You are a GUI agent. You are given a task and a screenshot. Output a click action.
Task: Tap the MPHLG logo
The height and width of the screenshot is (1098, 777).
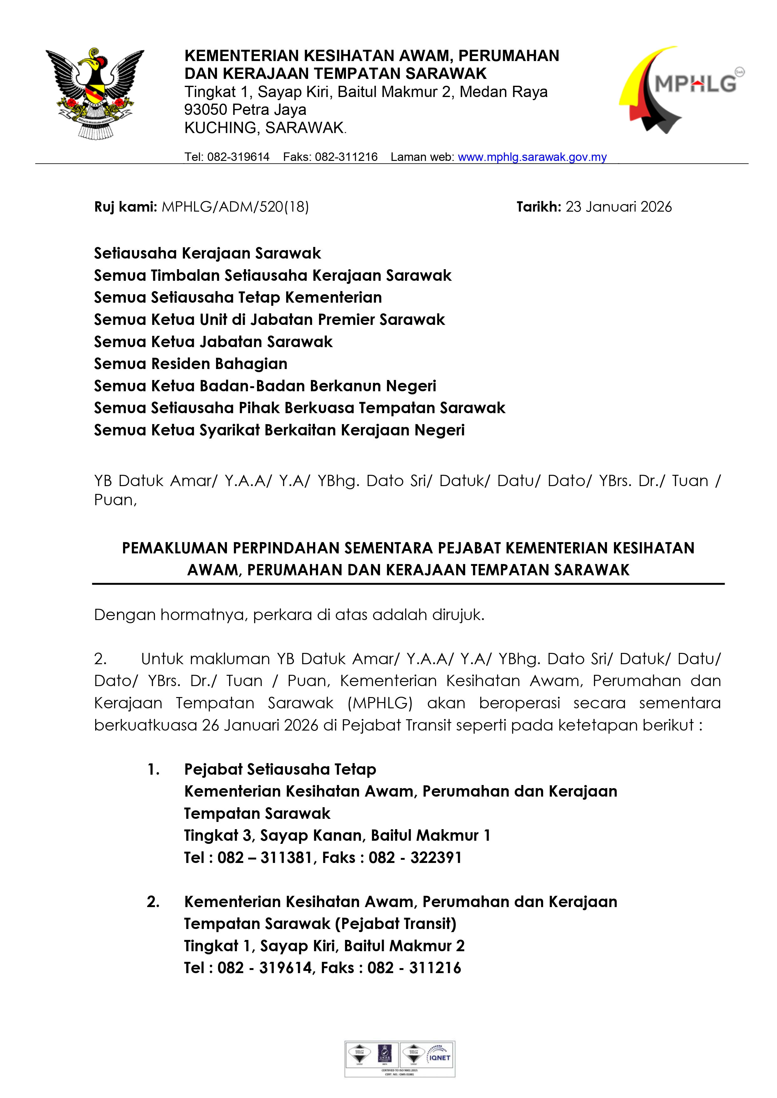point(681,90)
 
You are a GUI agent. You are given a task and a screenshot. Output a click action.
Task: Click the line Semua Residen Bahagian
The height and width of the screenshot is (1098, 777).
point(190,364)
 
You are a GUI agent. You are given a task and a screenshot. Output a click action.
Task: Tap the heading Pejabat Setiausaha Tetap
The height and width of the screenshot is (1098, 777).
point(280,769)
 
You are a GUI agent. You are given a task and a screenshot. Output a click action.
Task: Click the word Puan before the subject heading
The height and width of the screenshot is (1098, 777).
point(115,500)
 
